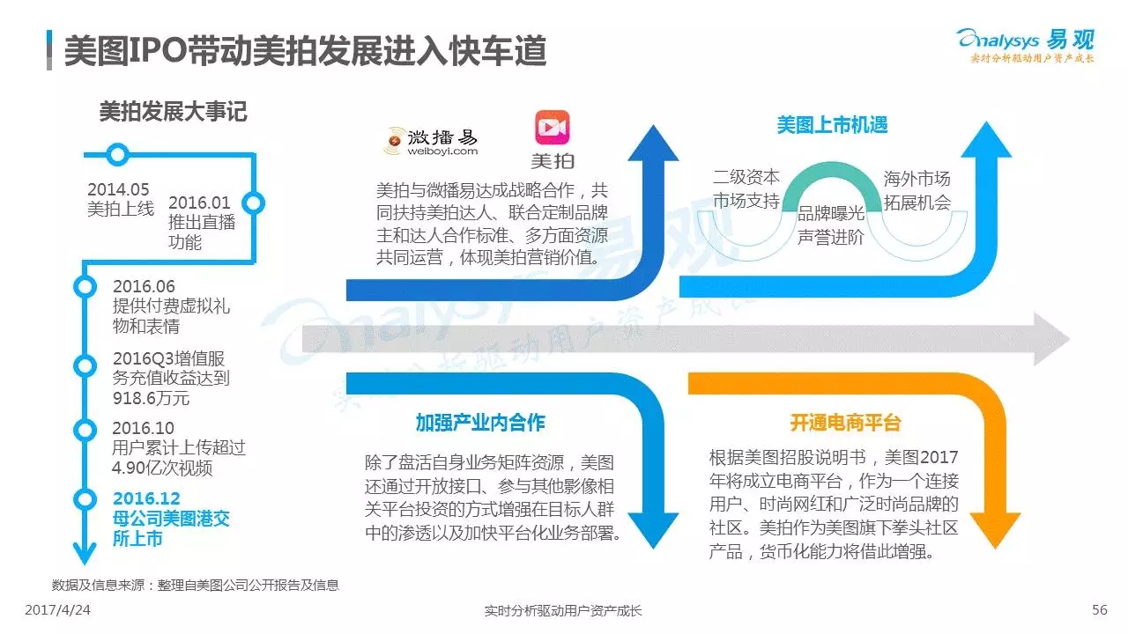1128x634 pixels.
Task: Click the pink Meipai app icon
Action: [552, 128]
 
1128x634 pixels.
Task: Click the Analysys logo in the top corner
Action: [1027, 45]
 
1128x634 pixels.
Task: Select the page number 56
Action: [1099, 610]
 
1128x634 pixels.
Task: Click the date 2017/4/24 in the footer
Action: [57, 610]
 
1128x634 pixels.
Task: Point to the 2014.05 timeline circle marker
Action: [118, 154]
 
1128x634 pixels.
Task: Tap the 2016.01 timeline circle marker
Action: [253, 203]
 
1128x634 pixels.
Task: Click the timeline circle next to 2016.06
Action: [85, 286]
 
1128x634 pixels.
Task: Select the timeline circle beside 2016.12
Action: [85, 499]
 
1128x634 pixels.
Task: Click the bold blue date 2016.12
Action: [146, 498]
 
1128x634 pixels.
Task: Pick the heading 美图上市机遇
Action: [832, 125]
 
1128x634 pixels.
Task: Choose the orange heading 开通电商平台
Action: [845, 423]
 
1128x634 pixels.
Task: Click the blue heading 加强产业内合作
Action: [480, 423]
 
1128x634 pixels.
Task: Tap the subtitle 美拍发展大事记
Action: [173, 111]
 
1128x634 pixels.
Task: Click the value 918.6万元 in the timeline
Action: [151, 398]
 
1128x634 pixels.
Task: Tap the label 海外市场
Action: [917, 179]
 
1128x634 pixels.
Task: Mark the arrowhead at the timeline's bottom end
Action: [85, 554]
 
